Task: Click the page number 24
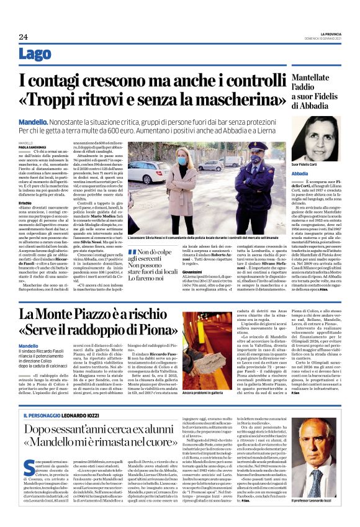(24, 37)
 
